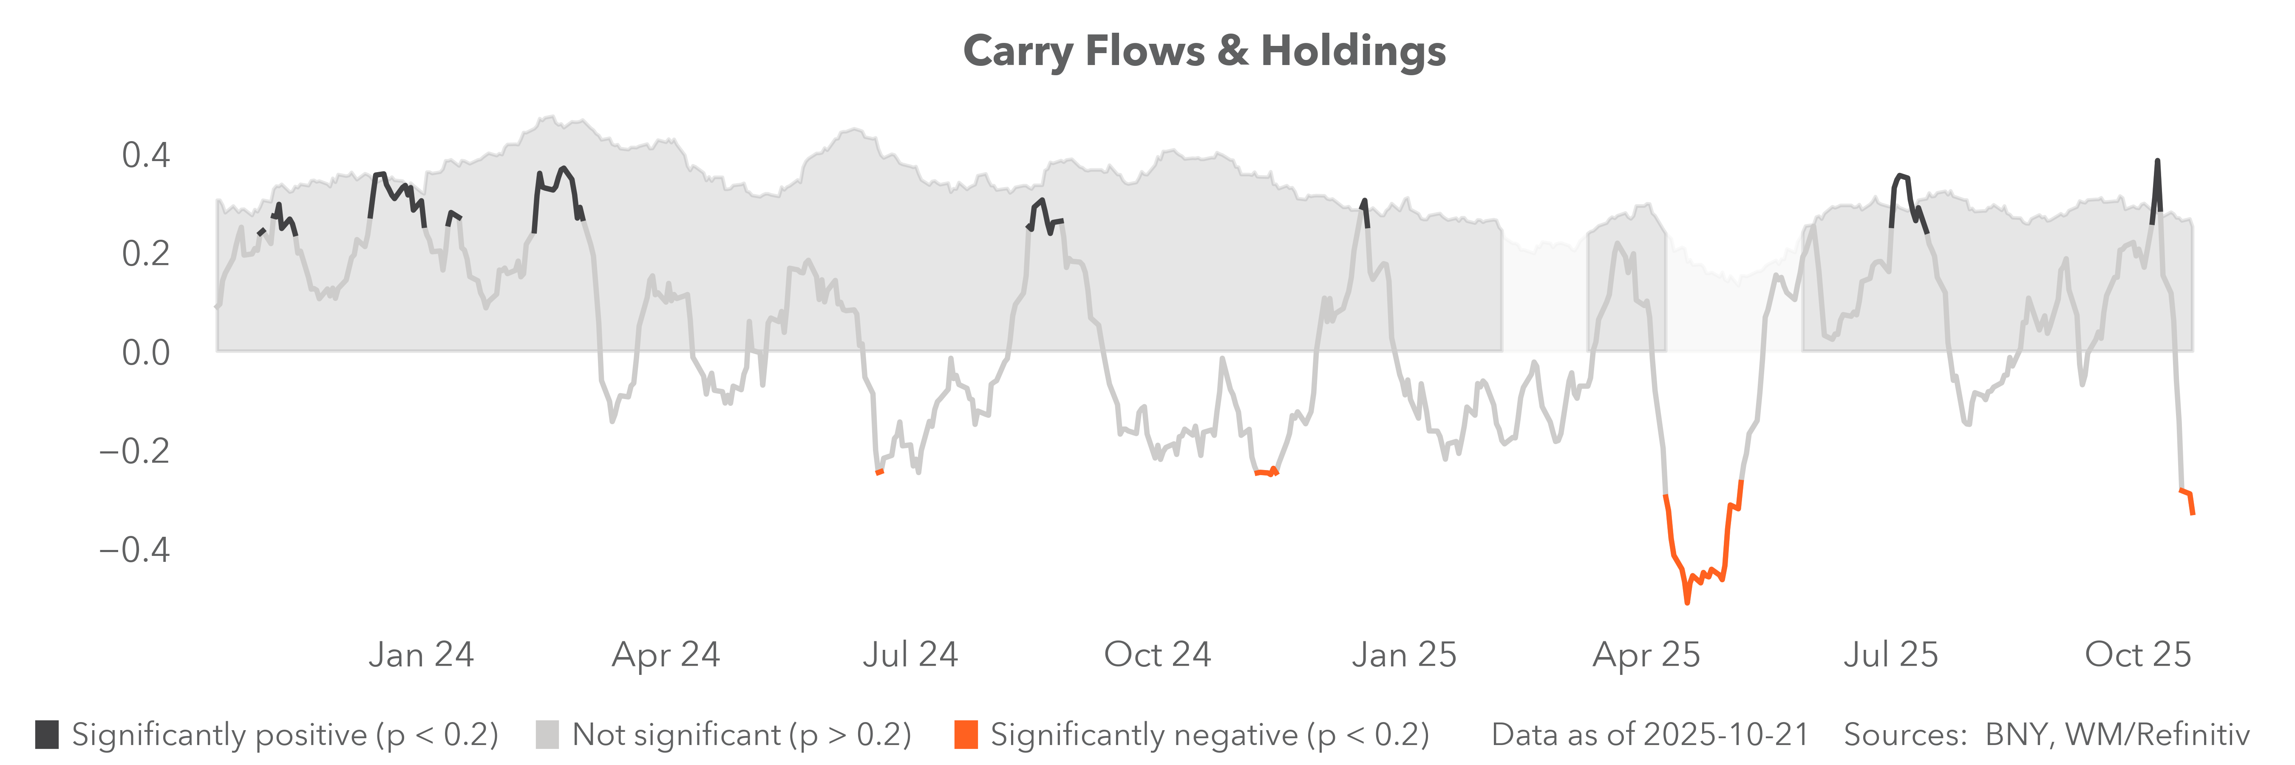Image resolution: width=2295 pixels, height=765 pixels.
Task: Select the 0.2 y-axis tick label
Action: pyautogui.click(x=145, y=254)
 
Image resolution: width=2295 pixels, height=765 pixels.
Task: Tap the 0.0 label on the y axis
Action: pyautogui.click(x=145, y=353)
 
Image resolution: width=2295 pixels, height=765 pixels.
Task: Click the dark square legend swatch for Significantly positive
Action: pyautogui.click(x=47, y=735)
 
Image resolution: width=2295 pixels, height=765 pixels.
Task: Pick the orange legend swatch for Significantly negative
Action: pyautogui.click(x=966, y=735)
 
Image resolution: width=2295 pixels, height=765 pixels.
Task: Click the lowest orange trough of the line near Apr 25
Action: pyautogui.click(x=1686, y=602)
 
